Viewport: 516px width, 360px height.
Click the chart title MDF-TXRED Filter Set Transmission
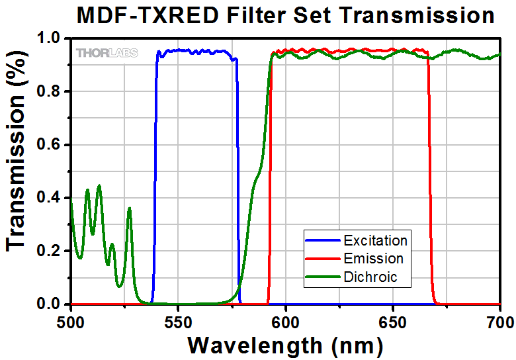285,15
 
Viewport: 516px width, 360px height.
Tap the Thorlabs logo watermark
107,53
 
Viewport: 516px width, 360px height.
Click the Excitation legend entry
375,239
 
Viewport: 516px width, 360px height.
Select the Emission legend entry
374,258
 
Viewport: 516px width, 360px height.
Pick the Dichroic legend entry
371,277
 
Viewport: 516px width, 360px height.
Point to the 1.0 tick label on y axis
50,38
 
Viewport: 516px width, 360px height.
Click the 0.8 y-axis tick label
50,91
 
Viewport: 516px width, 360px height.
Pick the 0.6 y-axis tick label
50,145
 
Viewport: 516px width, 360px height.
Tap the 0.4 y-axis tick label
50,198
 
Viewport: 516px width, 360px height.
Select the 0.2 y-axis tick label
50,251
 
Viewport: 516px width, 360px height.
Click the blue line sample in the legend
322,240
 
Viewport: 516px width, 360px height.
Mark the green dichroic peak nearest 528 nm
130,209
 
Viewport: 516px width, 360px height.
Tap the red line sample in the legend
322,258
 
